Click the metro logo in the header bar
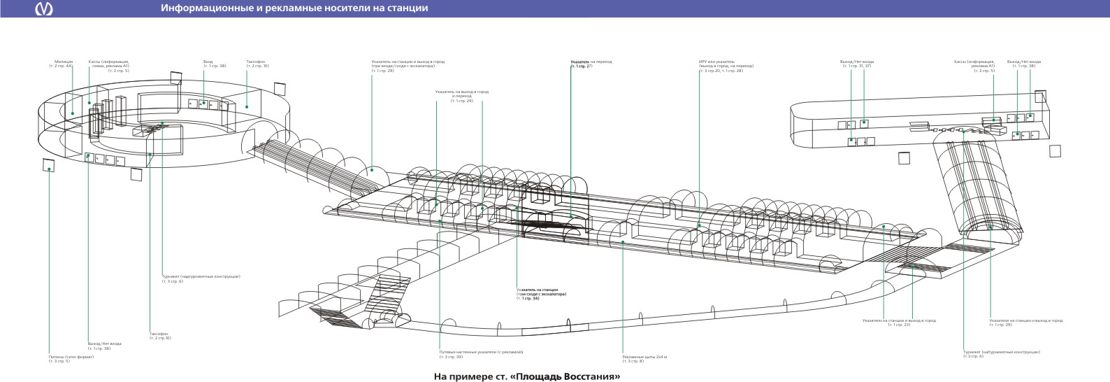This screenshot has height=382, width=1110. pyautogui.click(x=47, y=8)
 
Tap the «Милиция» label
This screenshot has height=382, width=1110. pyautogui.click(x=63, y=62)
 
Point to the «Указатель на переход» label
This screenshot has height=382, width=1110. pyautogui.click(x=591, y=62)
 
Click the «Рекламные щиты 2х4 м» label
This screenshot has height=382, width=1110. pyautogui.click(x=644, y=357)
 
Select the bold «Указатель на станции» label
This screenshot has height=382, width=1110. pyautogui.click(x=538, y=290)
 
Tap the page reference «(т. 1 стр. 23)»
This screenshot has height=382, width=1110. pyautogui.click(x=899, y=325)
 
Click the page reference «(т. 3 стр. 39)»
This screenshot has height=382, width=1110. pyautogui.click(x=451, y=357)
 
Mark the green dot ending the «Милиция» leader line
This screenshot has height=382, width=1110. pyautogui.click(x=72, y=113)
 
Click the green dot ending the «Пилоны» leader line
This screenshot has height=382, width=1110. pyautogui.click(x=49, y=169)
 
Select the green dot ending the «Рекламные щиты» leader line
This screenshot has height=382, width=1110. pyautogui.click(x=623, y=242)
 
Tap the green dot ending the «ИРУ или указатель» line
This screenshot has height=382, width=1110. pyautogui.click(x=699, y=226)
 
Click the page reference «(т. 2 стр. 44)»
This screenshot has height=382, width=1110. pyautogui.click(x=60, y=66)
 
